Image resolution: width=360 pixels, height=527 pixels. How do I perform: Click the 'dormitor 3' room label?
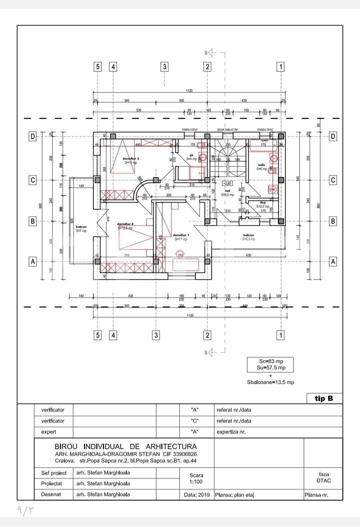(131, 159)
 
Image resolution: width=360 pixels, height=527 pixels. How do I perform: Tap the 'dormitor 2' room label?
(125, 224)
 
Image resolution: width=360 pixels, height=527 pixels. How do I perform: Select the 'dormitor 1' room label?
(181, 235)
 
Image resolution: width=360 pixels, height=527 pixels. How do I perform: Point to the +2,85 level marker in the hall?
(227, 183)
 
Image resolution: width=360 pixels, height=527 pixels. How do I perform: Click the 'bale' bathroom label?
(261, 165)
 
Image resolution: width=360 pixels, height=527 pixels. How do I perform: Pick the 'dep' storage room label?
(263, 202)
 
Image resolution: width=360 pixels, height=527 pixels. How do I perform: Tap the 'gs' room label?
(191, 155)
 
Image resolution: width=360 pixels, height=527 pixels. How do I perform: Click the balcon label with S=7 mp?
(81, 227)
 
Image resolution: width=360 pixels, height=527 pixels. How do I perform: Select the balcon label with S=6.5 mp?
(248, 235)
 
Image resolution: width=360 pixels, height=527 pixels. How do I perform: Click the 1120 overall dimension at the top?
(189, 91)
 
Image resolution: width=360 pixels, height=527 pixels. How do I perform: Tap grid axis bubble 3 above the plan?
(164, 67)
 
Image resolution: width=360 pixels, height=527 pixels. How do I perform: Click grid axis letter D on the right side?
(333, 136)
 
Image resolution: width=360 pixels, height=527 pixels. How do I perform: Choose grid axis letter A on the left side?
(33, 261)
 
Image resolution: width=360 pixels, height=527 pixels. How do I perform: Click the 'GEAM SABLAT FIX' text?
(227, 129)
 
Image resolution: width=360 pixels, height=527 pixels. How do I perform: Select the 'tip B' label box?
(324, 398)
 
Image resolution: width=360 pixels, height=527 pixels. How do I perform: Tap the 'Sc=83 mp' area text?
(271, 361)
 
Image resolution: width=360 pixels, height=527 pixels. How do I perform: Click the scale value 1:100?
(196, 482)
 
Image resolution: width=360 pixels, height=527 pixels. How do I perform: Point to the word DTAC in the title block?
(323, 480)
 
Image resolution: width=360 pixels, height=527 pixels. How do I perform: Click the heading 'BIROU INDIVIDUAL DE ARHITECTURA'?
(126, 446)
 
